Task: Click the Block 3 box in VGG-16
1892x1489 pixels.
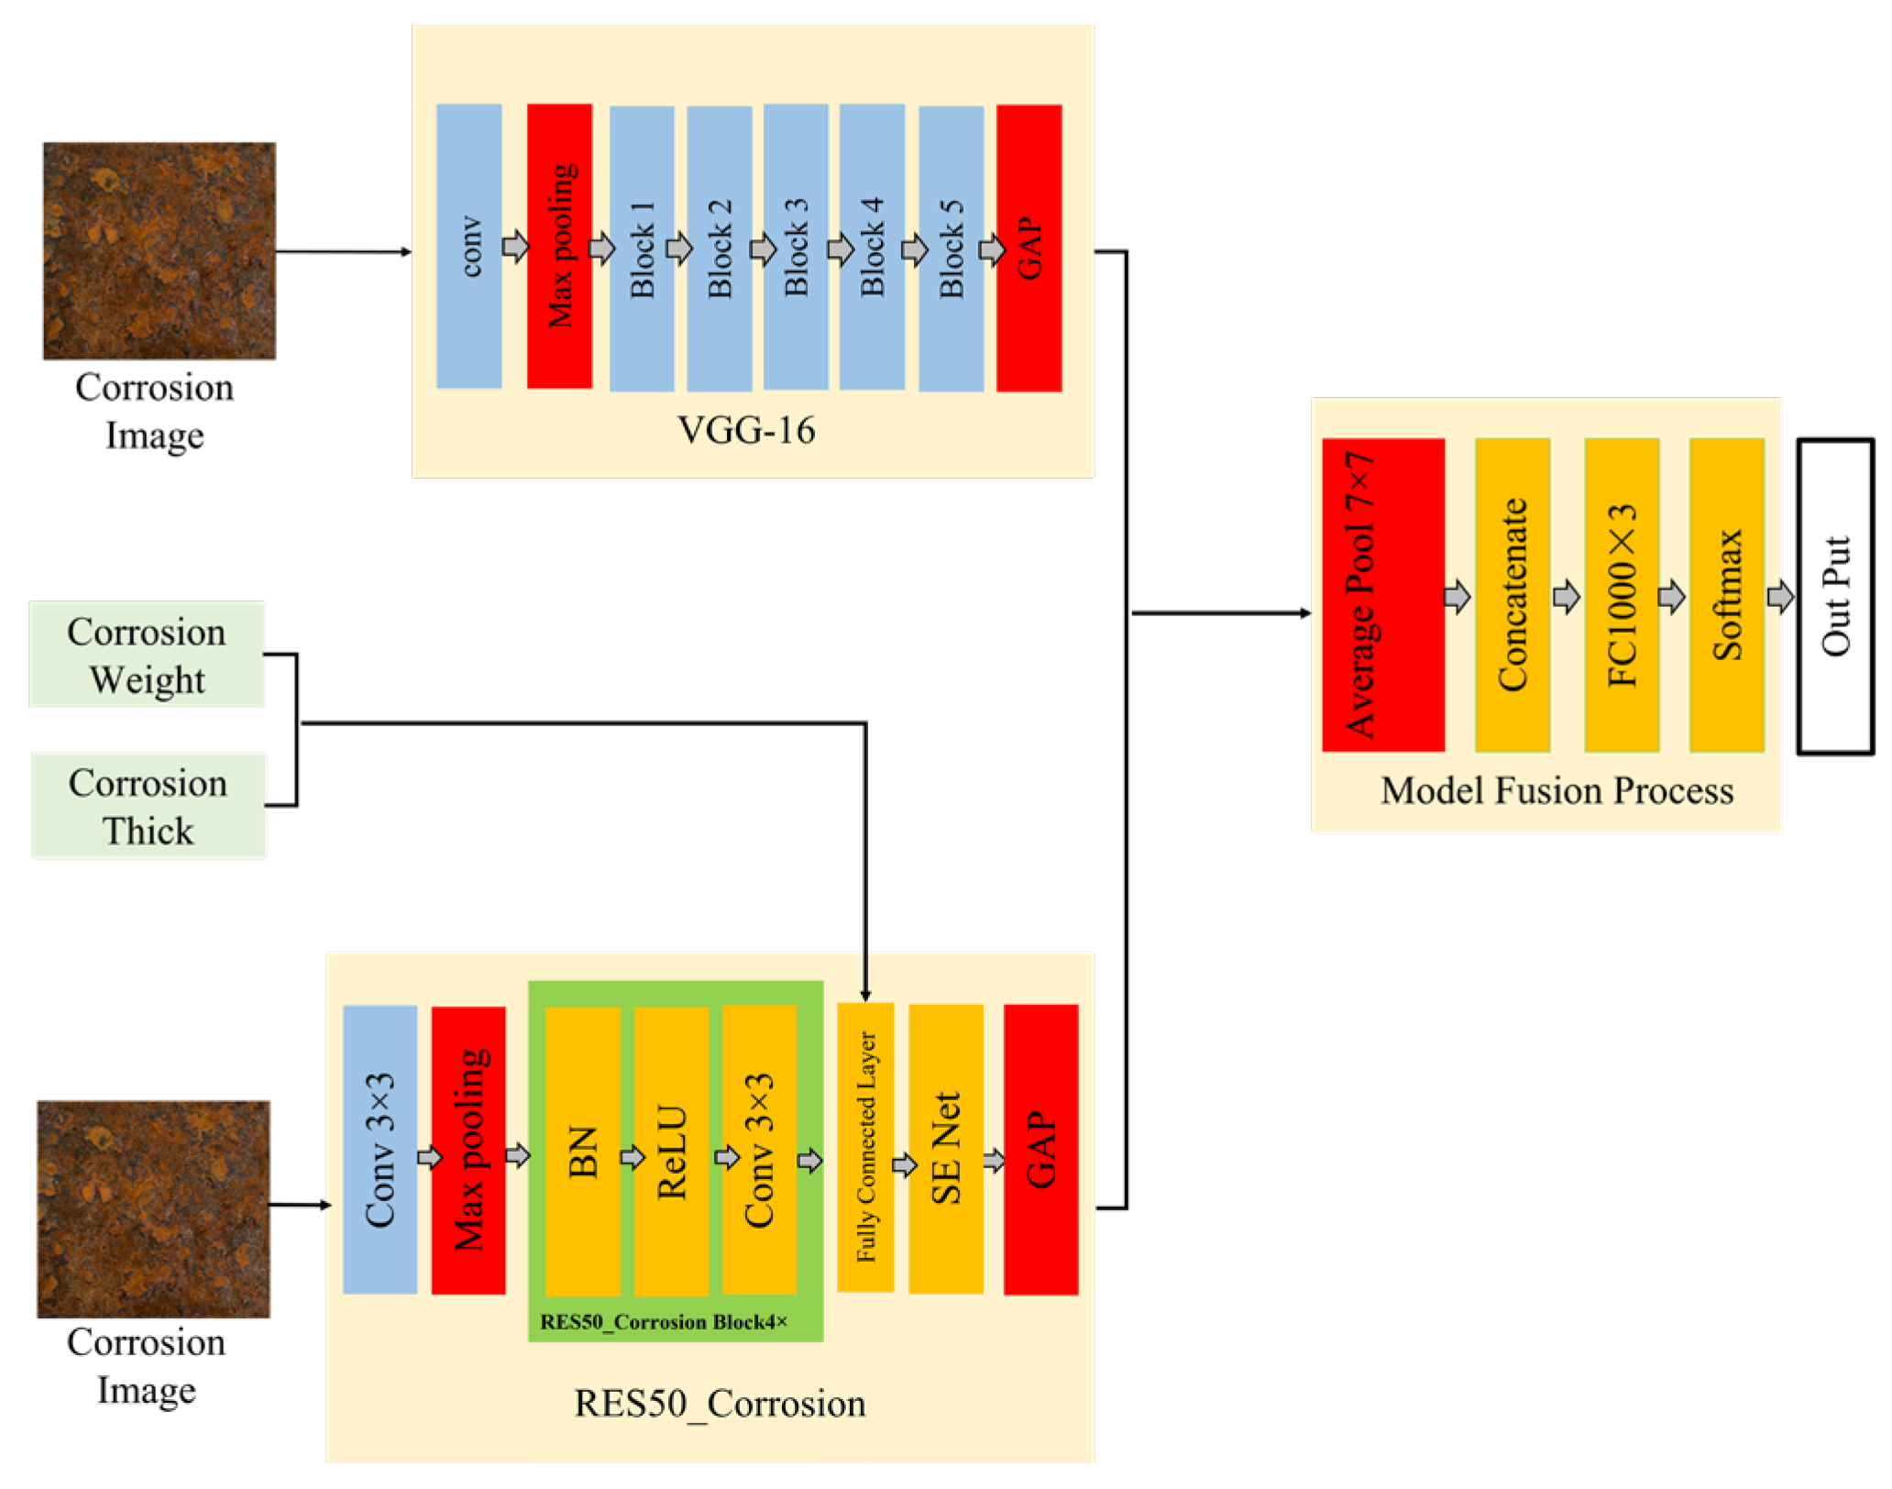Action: [796, 247]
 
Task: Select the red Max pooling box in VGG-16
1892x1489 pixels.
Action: [559, 247]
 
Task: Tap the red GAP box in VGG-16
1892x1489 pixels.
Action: [1028, 248]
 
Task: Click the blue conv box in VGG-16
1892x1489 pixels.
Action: [468, 247]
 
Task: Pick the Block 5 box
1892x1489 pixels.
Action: [951, 248]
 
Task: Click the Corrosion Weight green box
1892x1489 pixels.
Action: [147, 655]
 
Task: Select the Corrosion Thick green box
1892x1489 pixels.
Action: [148, 806]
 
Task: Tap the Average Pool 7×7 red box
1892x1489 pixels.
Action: [1382, 595]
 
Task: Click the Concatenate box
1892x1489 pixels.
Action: [1512, 595]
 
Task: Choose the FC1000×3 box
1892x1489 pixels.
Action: [1621, 595]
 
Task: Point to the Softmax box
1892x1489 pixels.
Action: [1726, 595]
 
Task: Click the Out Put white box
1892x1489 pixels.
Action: [1834, 596]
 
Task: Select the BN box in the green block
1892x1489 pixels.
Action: [582, 1152]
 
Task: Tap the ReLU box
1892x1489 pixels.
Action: [671, 1152]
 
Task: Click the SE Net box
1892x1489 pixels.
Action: [945, 1149]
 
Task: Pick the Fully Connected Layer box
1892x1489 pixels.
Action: [865, 1147]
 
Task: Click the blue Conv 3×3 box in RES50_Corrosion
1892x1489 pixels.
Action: [379, 1150]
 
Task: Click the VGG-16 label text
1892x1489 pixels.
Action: [746, 431]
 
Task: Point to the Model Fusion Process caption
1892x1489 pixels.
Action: [1556, 791]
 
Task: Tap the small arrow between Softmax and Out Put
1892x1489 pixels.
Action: [1780, 597]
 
